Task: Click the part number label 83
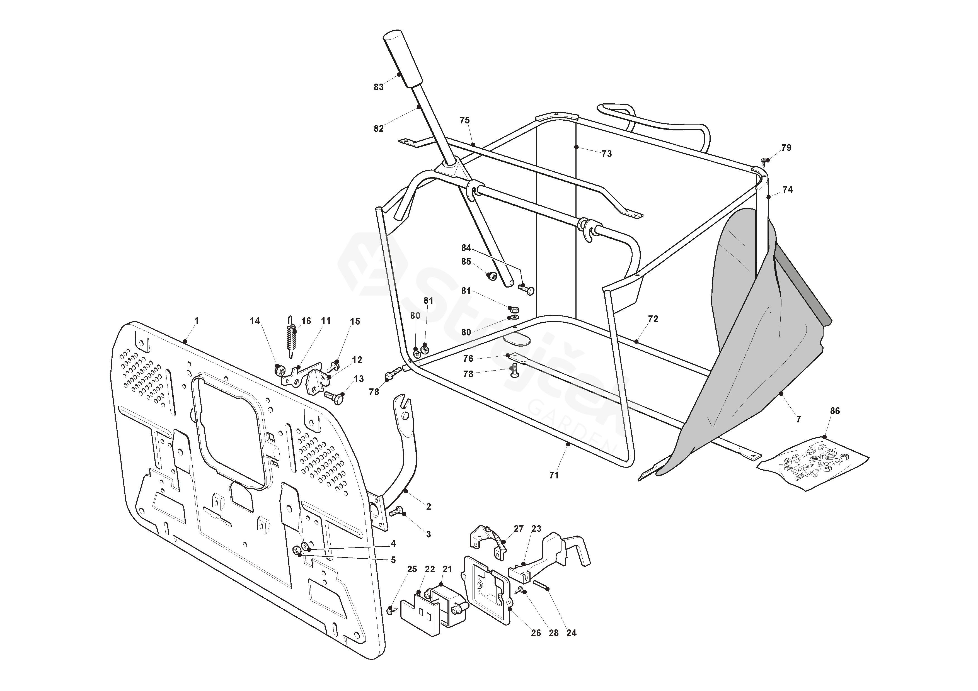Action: [x=379, y=87]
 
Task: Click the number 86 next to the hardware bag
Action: [x=835, y=411]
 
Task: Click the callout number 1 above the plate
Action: [x=196, y=321]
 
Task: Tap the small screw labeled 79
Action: [x=764, y=161]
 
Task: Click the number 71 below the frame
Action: [x=554, y=475]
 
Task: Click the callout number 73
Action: [x=607, y=154]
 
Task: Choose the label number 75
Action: [x=465, y=120]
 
